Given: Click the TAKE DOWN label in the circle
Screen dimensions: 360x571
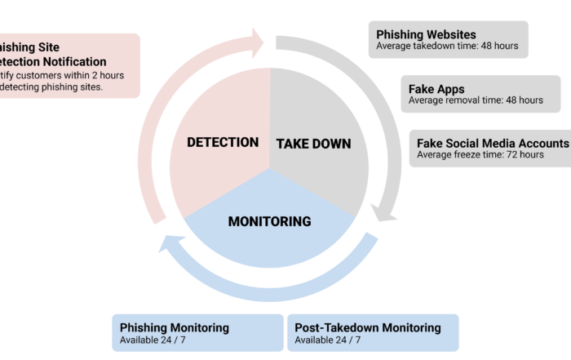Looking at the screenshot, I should tap(313, 144).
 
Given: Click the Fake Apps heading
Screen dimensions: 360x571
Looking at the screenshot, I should tap(436, 88).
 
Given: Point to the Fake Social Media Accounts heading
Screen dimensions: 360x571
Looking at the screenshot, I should tap(492, 142).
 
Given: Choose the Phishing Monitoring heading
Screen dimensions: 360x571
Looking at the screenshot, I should tap(175, 327).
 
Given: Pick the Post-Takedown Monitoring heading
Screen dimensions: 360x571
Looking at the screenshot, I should tap(367, 327).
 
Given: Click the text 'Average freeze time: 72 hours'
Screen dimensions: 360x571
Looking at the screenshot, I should tap(480, 154).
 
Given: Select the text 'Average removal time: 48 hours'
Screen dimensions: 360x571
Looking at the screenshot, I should tap(476, 100).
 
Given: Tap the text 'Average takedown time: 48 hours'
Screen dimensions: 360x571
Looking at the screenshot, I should tap(447, 47).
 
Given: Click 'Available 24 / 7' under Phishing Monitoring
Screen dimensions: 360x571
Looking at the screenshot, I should tap(153, 340).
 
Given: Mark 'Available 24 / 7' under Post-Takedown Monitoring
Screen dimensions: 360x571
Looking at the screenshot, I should tap(328, 340).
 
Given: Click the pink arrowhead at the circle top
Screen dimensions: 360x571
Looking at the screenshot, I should tap(257, 38).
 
